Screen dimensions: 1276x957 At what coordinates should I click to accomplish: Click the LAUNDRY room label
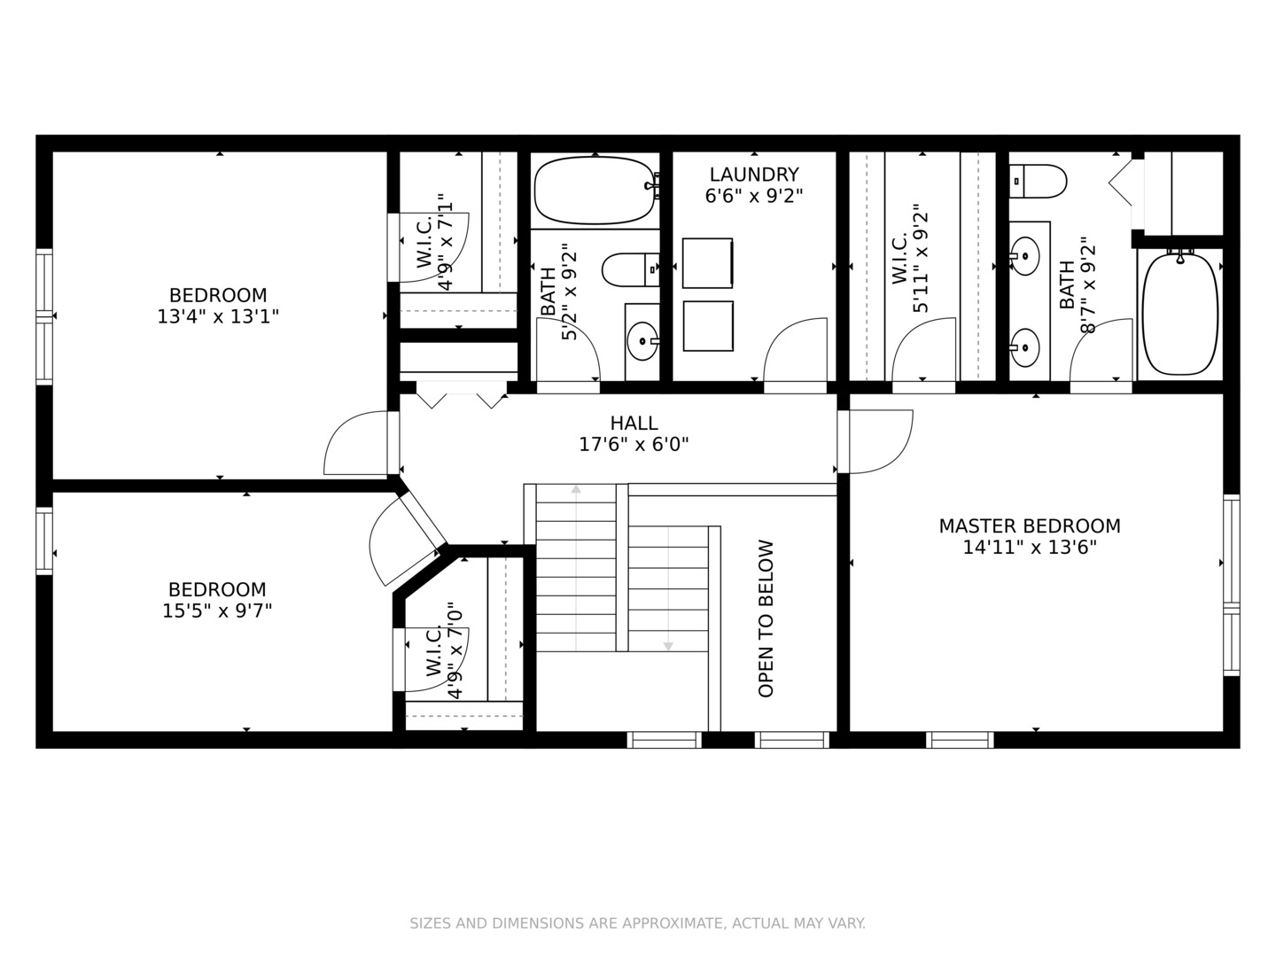[754, 175]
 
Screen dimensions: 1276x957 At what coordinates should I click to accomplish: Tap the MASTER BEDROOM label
[1030, 525]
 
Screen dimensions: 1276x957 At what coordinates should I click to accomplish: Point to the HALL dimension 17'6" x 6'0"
[634, 445]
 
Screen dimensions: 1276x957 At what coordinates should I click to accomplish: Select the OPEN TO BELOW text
[766, 619]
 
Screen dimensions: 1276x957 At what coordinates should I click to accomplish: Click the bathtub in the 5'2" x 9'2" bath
[594, 190]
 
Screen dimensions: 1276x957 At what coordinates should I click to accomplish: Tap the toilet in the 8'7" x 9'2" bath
[1038, 182]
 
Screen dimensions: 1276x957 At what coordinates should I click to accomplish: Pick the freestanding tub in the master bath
[1180, 314]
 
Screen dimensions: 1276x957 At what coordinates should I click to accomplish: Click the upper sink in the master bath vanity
[1024, 256]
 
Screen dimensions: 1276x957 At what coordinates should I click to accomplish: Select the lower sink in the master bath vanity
[1024, 347]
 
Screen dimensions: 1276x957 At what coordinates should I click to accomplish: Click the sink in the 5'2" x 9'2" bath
[642, 341]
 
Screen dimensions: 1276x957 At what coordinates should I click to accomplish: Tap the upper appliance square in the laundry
[707, 262]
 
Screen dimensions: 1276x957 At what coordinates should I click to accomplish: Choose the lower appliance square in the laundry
[708, 326]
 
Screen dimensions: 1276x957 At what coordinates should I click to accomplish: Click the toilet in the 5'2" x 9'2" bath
[631, 269]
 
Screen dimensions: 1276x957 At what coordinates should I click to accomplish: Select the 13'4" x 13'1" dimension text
[218, 316]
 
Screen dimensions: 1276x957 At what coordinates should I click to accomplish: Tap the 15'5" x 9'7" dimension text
[217, 611]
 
